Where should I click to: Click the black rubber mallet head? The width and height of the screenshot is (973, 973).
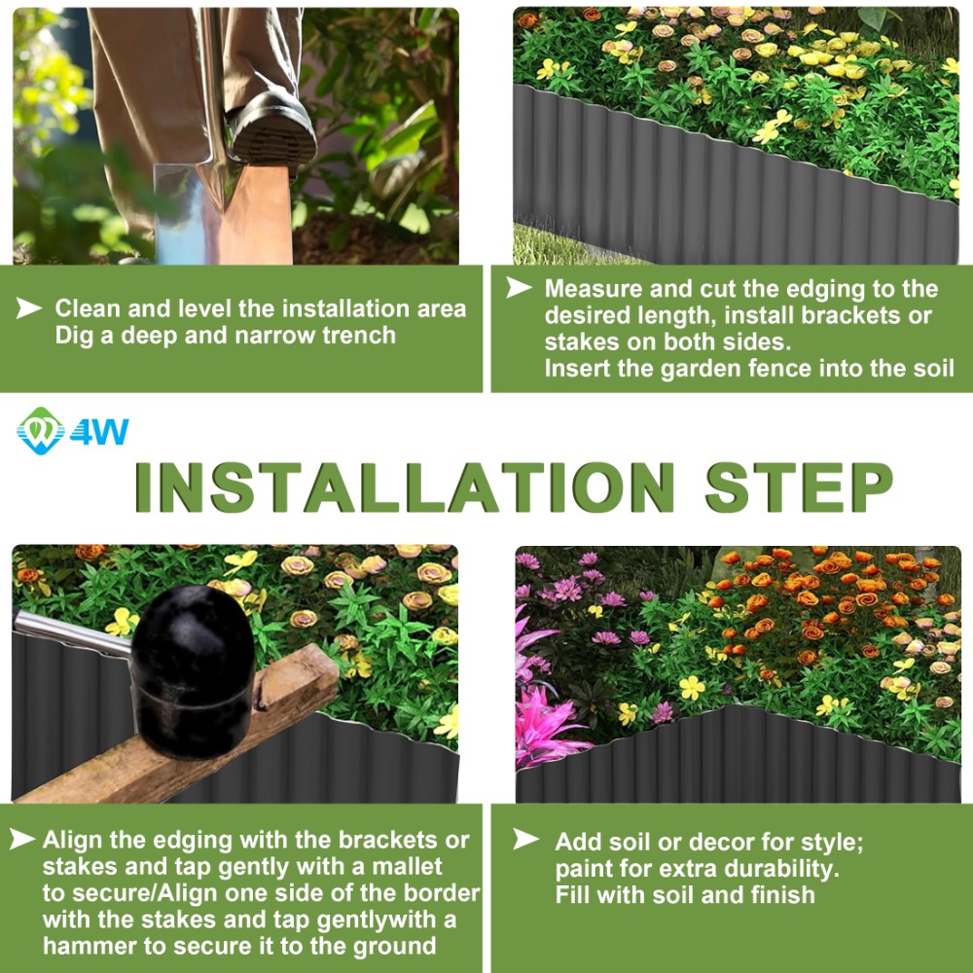coord(193,670)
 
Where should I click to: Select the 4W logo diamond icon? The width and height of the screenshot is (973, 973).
coord(41,431)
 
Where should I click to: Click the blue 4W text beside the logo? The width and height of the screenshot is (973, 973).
coord(99,432)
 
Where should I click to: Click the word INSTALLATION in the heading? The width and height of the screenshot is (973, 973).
coord(405,487)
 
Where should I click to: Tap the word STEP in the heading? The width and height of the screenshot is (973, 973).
coord(799,487)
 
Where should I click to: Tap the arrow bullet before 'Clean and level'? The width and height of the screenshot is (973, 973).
coord(28,307)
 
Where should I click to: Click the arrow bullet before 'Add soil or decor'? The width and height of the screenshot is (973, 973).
coord(526,839)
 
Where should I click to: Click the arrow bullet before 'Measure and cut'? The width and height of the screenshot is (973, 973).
coord(519,287)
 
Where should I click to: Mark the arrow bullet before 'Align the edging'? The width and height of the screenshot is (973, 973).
coord(22,839)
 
